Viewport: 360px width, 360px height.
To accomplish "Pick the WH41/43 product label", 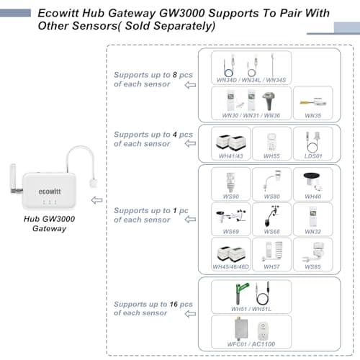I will [x=230, y=156].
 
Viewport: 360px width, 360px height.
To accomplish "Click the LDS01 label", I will [x=313, y=156].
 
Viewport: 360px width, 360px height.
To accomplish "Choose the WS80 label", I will [x=271, y=197].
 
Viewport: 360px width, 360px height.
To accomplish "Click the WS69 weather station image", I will [x=230, y=215].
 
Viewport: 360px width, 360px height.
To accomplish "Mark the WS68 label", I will [x=271, y=232].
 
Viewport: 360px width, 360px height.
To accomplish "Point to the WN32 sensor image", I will [x=313, y=215].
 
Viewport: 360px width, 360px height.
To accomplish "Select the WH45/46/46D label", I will [x=230, y=267].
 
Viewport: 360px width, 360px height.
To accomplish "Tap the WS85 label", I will [x=313, y=267].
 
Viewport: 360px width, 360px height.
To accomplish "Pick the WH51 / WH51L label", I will [x=250, y=309].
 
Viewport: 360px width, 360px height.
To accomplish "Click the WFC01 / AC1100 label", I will [x=250, y=346].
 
